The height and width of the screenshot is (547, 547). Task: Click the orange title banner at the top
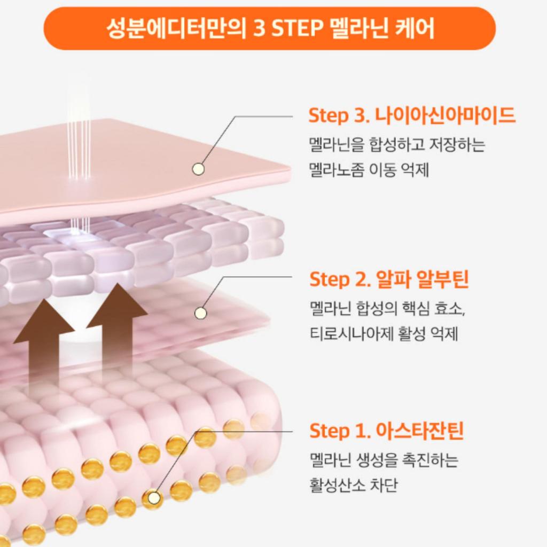point(269,28)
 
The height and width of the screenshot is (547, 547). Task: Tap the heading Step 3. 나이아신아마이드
point(412,115)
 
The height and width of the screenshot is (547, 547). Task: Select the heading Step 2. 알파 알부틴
point(389,279)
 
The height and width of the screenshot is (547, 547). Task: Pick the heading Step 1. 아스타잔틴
point(387,430)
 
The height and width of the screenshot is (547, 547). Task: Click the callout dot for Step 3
point(198,169)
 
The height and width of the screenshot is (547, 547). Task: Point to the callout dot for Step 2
point(200,313)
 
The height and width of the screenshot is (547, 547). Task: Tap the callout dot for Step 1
point(153,498)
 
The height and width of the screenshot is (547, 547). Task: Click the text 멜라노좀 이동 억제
point(369,170)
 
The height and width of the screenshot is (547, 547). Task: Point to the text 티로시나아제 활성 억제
point(384,333)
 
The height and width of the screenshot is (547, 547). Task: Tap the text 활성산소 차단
point(354,485)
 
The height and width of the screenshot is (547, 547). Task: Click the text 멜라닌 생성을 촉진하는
point(384,460)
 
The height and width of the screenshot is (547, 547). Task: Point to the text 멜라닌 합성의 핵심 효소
point(387,308)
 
